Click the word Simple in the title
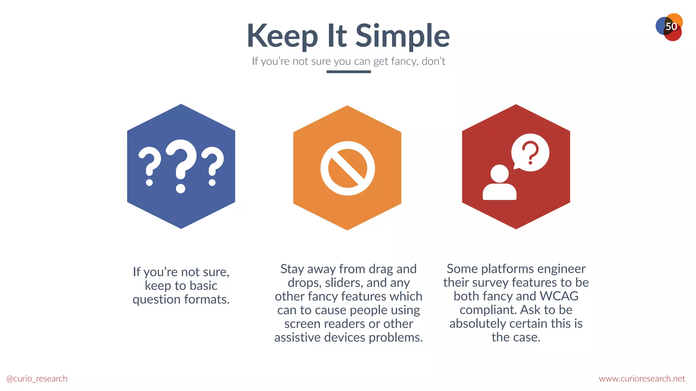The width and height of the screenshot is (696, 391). pyautogui.click(x=402, y=36)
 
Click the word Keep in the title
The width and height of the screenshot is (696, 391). pyautogui.click(x=282, y=36)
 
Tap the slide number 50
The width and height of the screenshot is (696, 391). pyautogui.click(x=671, y=26)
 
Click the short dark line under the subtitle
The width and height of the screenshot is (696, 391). pyautogui.click(x=348, y=72)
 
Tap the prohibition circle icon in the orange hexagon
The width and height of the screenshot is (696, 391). pyautogui.click(x=347, y=168)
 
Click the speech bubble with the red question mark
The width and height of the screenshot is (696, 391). pyautogui.click(x=530, y=152)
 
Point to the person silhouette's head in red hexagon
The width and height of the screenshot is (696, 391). pyautogui.click(x=500, y=173)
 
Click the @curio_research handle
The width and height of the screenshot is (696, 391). pyautogui.click(x=37, y=378)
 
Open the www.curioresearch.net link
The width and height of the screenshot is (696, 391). pyautogui.click(x=642, y=378)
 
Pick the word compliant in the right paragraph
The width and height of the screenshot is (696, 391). pyautogui.click(x=488, y=310)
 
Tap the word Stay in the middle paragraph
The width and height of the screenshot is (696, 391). pyautogui.click(x=292, y=269)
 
